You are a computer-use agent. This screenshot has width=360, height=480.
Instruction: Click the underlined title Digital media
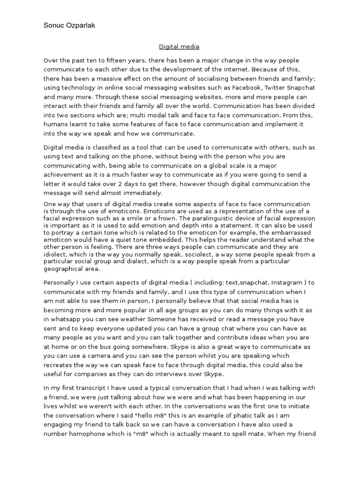[x=180, y=46]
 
